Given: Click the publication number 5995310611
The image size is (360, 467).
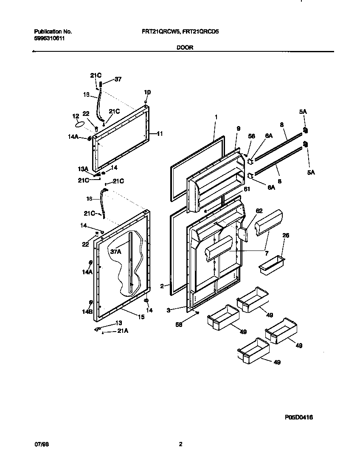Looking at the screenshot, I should click(49, 38).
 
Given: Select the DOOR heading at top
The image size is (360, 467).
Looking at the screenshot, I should click(185, 48).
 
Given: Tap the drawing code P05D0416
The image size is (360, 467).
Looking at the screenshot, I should click(298, 418).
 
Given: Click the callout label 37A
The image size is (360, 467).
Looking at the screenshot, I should click(116, 252).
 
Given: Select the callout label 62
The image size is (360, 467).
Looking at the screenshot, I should click(259, 210).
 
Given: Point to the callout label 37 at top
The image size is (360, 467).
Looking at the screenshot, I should click(118, 79).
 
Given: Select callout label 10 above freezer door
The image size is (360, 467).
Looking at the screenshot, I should click(147, 92).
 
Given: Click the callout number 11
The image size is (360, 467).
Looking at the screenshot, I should click(160, 133).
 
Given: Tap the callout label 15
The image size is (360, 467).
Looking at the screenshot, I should click(141, 317).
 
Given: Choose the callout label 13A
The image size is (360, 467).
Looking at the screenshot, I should click(82, 169).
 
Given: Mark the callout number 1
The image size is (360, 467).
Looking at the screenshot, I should click(216, 116).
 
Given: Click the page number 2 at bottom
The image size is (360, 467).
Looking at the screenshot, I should click(180, 444).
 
